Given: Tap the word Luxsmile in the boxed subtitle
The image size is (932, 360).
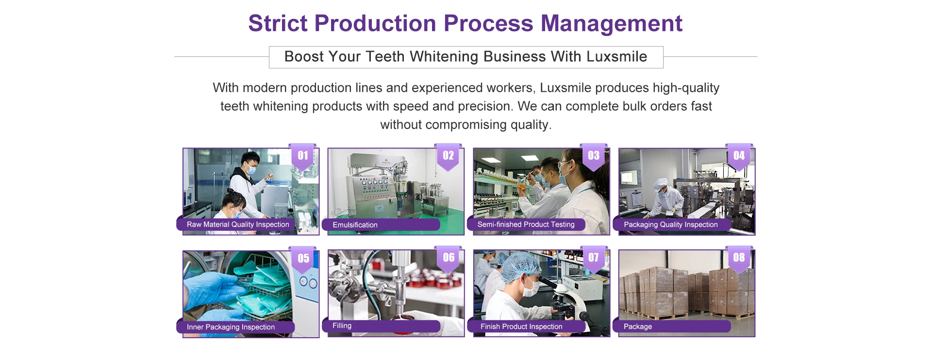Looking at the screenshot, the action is (616, 57).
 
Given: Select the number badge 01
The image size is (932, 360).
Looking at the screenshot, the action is (303, 156).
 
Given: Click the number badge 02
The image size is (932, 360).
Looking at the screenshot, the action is (448, 156).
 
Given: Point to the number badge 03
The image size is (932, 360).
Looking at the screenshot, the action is (593, 156).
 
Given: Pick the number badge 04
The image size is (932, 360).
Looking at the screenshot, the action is (739, 156).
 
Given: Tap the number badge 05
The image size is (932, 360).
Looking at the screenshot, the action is (303, 259).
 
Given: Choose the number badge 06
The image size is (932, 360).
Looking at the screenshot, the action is (449, 258).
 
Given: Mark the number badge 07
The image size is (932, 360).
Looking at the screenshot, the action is (593, 258).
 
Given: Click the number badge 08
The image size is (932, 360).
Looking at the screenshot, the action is (739, 258).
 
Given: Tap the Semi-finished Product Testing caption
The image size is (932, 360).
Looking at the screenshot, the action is (526, 224).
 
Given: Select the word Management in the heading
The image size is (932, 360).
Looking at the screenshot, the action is (612, 23).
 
